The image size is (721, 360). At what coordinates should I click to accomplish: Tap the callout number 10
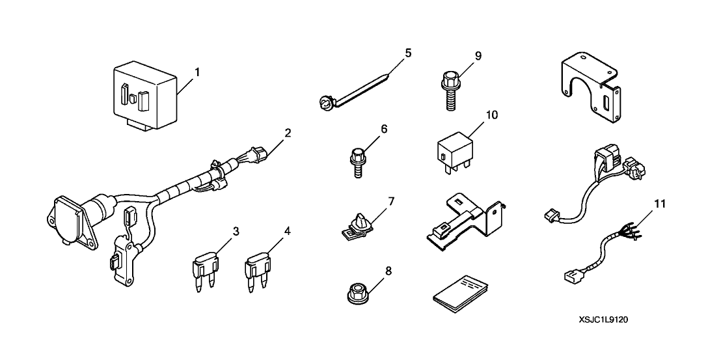pyautogui.click(x=491, y=115)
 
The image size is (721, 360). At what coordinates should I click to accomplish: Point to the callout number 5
pyautogui.click(x=408, y=53)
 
